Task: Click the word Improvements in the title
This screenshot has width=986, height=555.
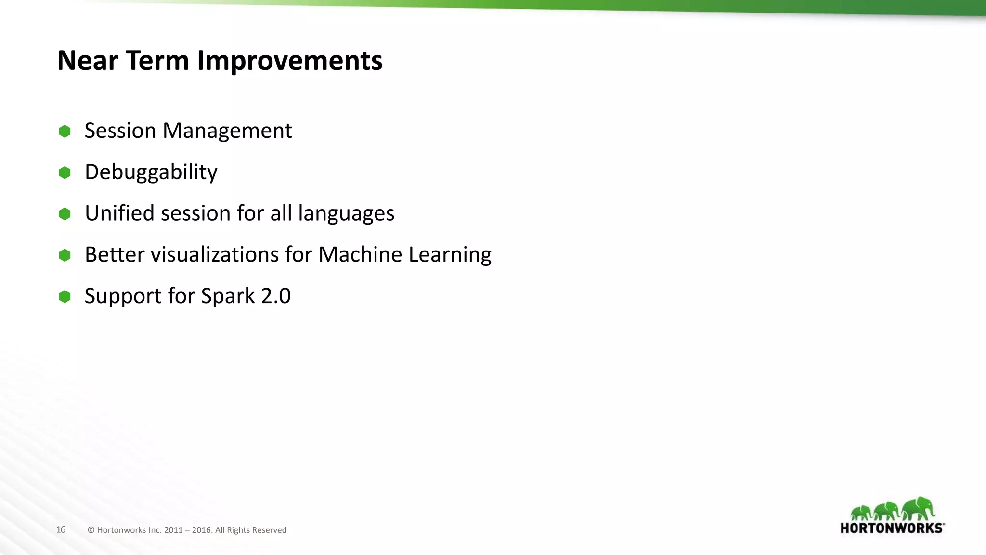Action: coord(289,61)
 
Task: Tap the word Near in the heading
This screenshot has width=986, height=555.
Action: coord(87,61)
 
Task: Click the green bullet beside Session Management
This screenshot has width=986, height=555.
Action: coord(65,131)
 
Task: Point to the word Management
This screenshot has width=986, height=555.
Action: coord(227,131)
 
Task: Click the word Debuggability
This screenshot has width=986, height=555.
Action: coord(151,172)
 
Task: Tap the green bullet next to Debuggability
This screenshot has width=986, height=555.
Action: coord(65,172)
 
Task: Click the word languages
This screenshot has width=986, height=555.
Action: coord(346,213)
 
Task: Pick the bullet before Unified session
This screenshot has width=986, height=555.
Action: coord(65,213)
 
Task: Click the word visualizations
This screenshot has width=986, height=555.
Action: coord(214,255)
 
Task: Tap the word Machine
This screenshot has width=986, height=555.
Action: coord(360,255)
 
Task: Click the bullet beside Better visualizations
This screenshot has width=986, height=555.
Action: coord(65,255)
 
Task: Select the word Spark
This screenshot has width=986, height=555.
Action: coord(227,296)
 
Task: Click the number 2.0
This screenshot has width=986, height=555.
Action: coord(275,296)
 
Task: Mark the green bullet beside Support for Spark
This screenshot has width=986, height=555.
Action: coord(65,296)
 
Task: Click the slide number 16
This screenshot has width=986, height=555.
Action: coord(61,529)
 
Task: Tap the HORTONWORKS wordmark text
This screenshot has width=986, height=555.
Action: coord(892,528)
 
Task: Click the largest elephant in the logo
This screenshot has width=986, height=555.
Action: coord(919,509)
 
